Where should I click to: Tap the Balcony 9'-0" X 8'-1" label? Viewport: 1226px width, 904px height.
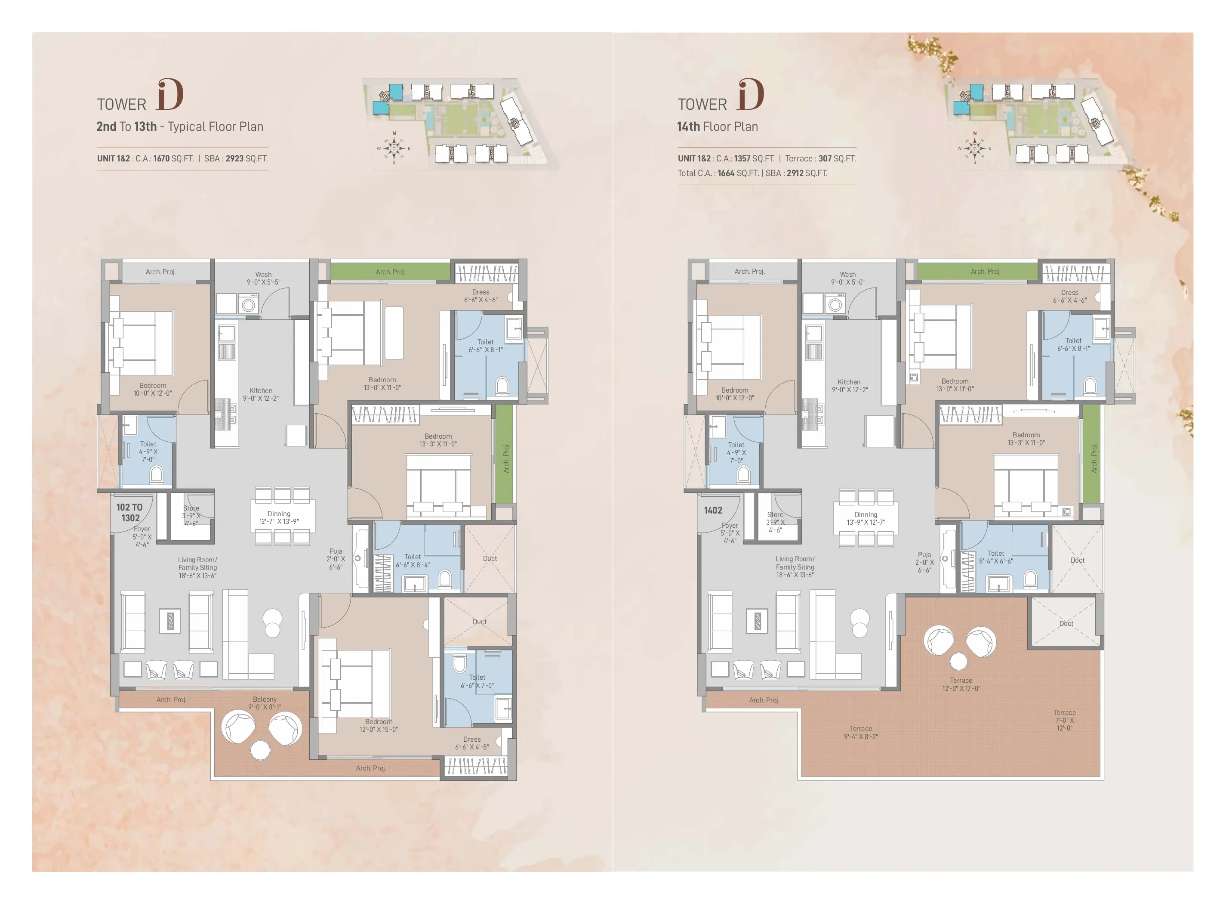pos(265,703)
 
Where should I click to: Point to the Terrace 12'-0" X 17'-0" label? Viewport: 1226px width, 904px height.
pos(961,684)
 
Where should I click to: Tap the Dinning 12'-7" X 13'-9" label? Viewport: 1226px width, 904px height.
pos(279,517)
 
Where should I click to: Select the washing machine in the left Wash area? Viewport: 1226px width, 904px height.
pos(248,303)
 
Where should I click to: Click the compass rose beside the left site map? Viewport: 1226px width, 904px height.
pos(394,148)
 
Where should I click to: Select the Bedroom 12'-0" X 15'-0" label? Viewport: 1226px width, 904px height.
pos(379,725)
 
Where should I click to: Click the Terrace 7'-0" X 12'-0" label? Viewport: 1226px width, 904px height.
pos(1064,720)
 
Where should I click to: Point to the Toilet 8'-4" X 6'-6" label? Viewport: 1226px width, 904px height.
pos(996,557)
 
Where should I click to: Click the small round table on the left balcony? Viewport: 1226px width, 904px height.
pos(260,750)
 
